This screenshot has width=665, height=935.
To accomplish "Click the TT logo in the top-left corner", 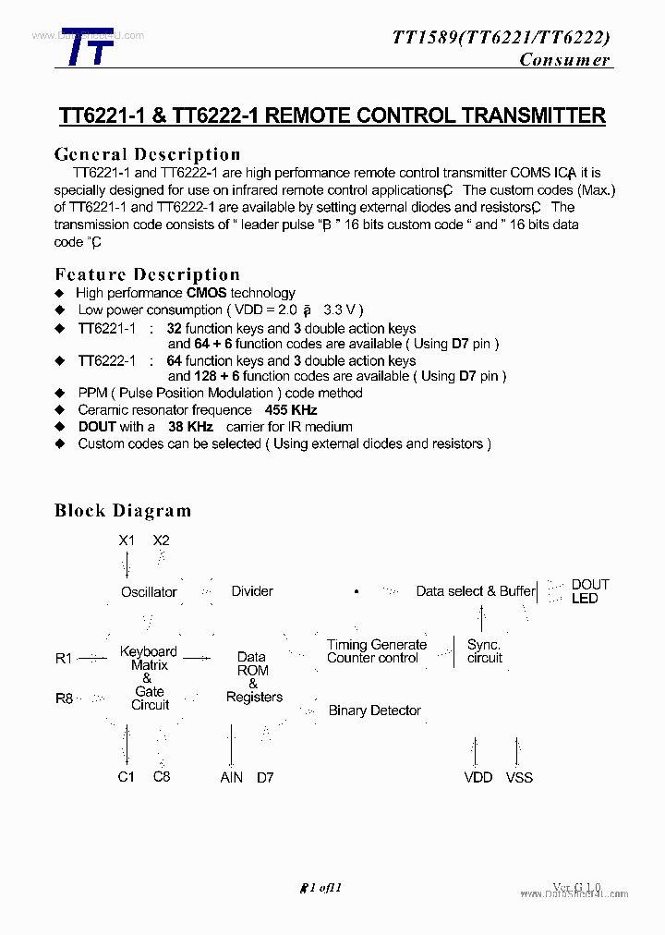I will [88, 47].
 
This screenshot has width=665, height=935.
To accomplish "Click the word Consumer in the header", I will [564, 60].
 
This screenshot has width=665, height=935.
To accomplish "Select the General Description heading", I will [147, 154].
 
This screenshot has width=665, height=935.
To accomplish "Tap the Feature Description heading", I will [147, 274].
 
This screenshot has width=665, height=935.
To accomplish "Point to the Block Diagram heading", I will [123, 510].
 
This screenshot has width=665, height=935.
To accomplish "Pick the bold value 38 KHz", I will [190, 427].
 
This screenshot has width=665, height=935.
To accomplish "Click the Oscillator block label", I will [149, 592].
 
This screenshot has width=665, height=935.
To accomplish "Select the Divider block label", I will [252, 591].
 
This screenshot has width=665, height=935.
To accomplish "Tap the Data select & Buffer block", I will [476, 591].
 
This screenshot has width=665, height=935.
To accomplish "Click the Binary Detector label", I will [374, 710].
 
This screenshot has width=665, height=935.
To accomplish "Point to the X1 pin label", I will [127, 540].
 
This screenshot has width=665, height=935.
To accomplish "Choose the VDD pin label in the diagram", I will [478, 778].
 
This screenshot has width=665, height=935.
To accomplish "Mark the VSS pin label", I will [519, 778].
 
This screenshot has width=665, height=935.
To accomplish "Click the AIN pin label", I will [231, 778].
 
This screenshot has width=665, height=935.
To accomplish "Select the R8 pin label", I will [64, 698].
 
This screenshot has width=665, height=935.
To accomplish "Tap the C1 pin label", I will [127, 777].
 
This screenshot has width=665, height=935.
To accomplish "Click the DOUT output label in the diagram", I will [590, 584].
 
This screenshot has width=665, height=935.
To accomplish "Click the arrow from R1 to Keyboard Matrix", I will [92, 659].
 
